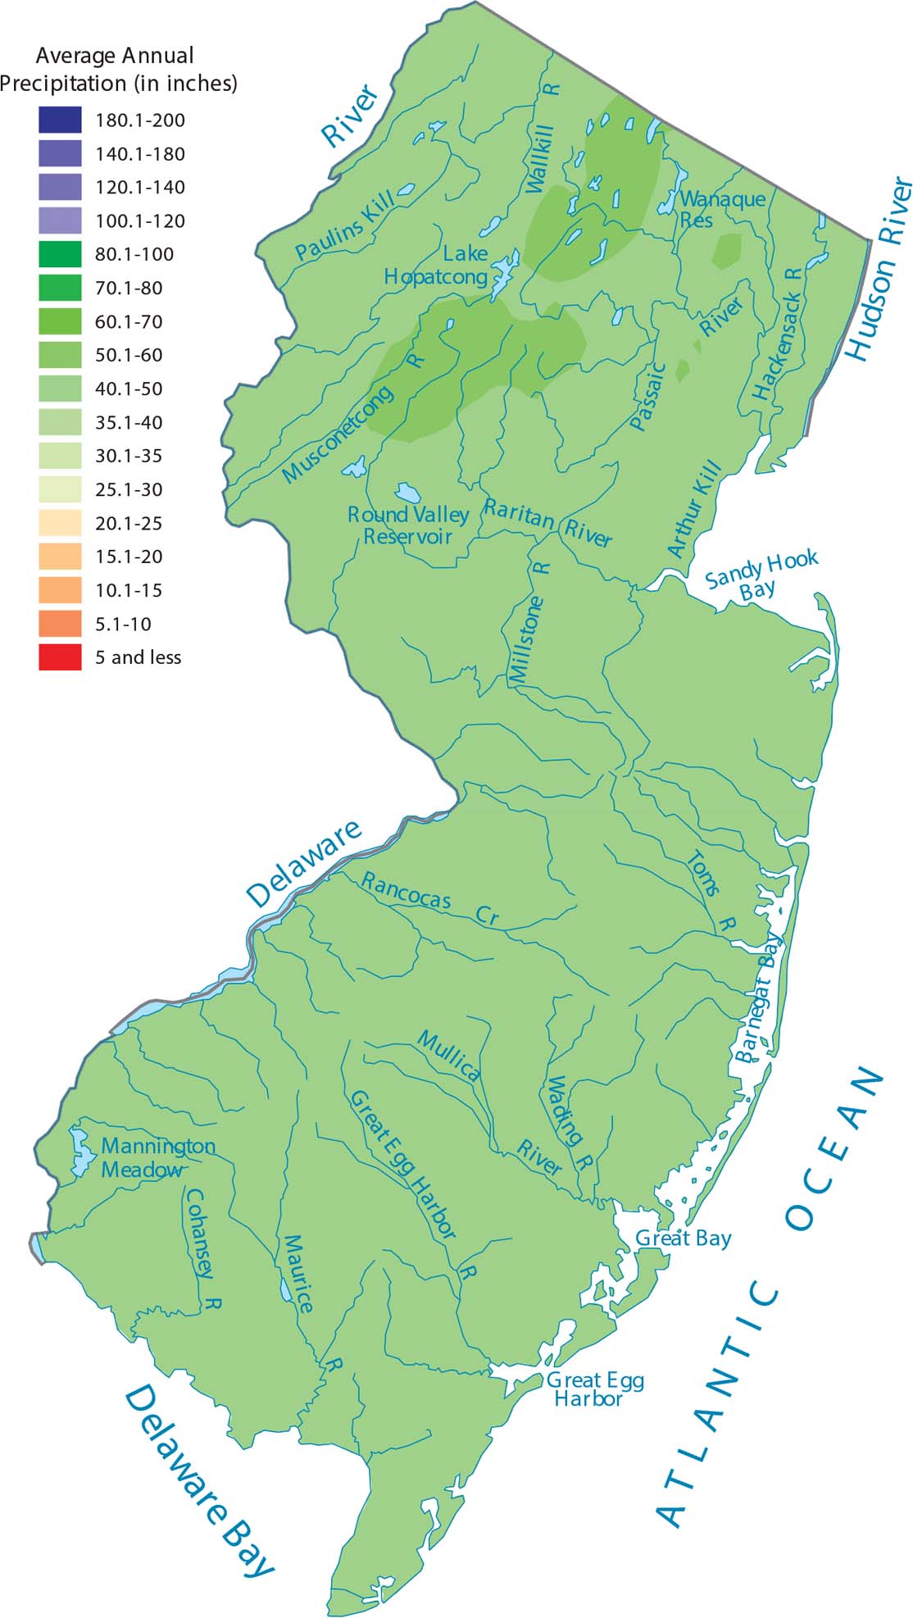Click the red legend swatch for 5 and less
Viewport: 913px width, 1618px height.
pyautogui.click(x=60, y=657)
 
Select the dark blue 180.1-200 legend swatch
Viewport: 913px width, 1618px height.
pyautogui.click(x=60, y=120)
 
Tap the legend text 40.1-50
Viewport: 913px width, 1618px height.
pyautogui.click(x=129, y=389)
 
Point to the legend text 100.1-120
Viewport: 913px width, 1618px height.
pyautogui.click(x=140, y=220)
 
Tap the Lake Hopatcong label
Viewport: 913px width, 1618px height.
pyautogui.click(x=436, y=266)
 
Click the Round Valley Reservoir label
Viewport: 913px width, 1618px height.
pyautogui.click(x=408, y=525)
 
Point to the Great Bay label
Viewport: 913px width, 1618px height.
pyautogui.click(x=684, y=1238)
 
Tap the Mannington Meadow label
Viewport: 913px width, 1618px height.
pyautogui.click(x=157, y=1157)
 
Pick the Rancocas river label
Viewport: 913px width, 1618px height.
pyautogui.click(x=407, y=891)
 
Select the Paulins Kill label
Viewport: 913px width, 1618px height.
pyautogui.click(x=345, y=226)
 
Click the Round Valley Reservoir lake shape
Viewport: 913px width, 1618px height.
pyautogui.click(x=408, y=493)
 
